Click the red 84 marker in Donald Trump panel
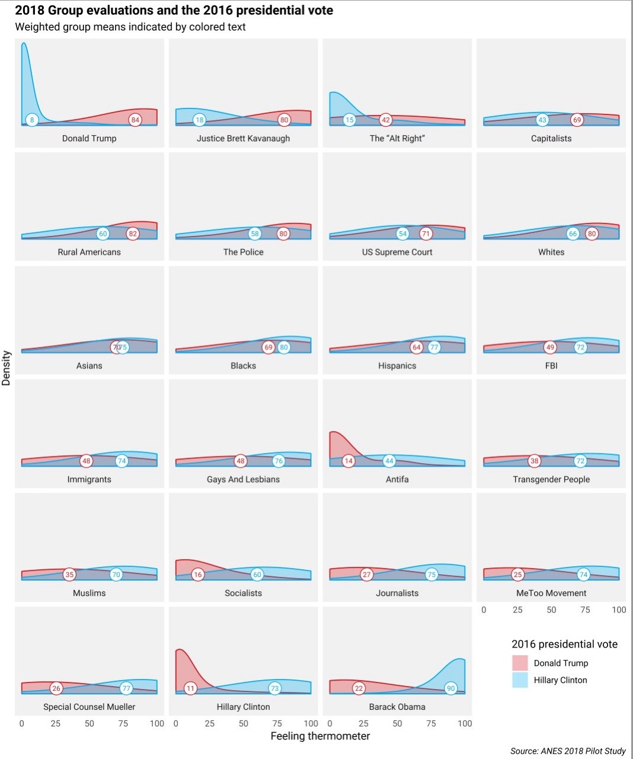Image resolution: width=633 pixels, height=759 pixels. [x=135, y=120]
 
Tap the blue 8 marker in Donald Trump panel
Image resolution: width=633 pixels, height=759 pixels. [x=33, y=120]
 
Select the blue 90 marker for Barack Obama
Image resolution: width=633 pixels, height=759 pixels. [x=451, y=688]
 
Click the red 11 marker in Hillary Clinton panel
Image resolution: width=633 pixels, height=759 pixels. [x=190, y=688]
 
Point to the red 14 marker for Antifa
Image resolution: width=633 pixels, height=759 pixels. [x=349, y=461]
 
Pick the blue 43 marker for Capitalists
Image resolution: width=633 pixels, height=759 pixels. [x=542, y=120]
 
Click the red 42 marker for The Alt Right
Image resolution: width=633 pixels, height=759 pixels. [x=386, y=120]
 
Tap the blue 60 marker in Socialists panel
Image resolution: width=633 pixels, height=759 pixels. [x=257, y=575]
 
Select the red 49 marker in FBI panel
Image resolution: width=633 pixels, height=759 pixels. [x=550, y=347]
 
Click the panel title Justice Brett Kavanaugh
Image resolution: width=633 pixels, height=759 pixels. [x=243, y=138]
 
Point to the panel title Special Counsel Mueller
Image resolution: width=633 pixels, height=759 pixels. [x=89, y=707]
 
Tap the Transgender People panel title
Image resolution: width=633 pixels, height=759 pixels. [x=551, y=479]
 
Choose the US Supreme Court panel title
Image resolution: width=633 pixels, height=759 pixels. [x=397, y=252]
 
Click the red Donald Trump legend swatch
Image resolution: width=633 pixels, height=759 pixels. [x=520, y=663]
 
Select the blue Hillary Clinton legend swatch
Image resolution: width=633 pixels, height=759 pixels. [x=520, y=680]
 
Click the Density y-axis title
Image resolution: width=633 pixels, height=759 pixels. [x=7, y=368]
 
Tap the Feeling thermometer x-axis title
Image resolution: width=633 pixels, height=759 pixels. [x=320, y=736]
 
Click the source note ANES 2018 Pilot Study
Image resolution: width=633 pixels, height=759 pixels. [x=568, y=751]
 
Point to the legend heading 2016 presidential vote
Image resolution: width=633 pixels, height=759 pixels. [x=564, y=644]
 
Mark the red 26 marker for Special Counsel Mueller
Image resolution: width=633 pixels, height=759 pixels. [x=56, y=688]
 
